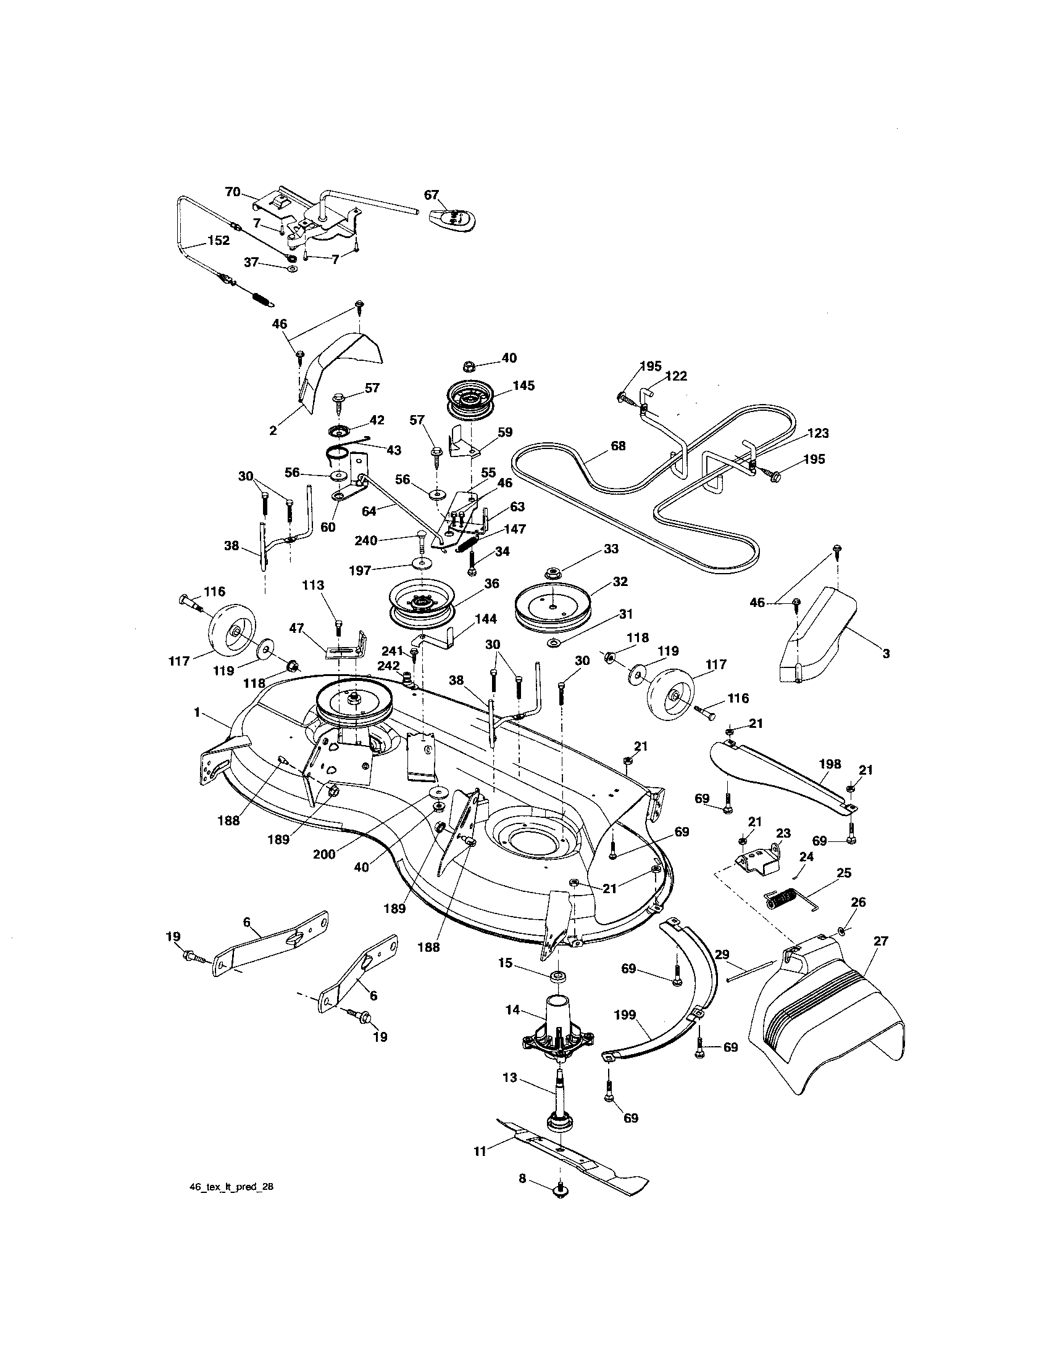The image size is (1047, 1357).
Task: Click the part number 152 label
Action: click(x=219, y=241)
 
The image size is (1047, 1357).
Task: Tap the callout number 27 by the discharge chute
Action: click(x=880, y=941)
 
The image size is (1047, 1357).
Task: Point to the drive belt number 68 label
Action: click(x=618, y=446)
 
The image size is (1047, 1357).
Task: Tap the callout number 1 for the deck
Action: click(x=197, y=713)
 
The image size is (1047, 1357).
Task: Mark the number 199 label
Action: click(x=625, y=1015)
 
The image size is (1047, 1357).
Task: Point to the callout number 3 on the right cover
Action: click(x=886, y=653)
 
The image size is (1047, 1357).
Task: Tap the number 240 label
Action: click(x=365, y=540)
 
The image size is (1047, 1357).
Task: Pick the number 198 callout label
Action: click(x=830, y=764)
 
